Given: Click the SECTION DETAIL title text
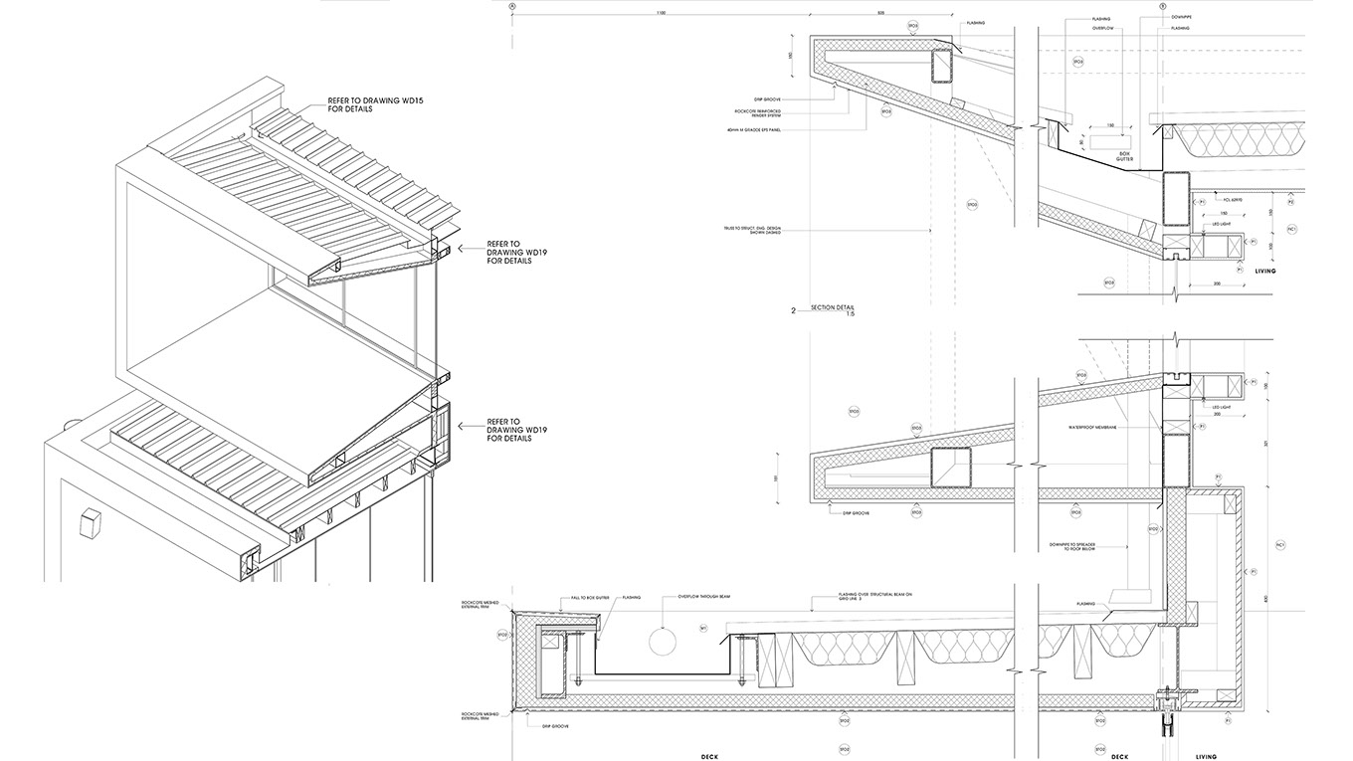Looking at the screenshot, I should tap(833, 307).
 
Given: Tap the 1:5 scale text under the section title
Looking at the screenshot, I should tap(850, 314).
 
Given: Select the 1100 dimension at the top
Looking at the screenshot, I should tap(661, 13).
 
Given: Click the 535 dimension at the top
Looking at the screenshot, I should tap(880, 13).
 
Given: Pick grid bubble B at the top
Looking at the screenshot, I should tap(1163, 5).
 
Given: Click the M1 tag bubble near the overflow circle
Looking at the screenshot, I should tap(703, 629).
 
